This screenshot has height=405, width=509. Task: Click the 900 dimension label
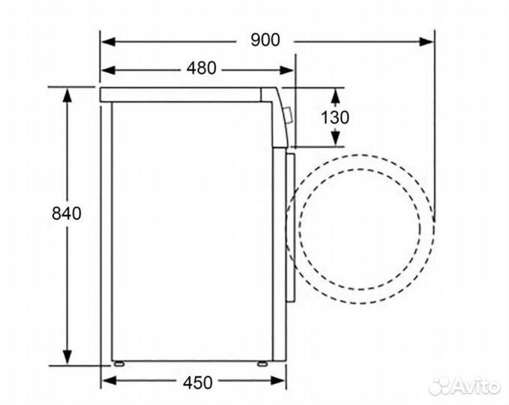coord(265,40)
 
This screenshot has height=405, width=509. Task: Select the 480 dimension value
coord(201,69)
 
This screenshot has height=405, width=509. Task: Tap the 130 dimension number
coord(335,117)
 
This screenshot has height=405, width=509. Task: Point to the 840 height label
coord(66,213)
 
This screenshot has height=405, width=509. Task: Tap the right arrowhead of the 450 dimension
coord(280,382)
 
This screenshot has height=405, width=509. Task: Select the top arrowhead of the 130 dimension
coord(336,93)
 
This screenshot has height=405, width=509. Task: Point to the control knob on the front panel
coord(289,115)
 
